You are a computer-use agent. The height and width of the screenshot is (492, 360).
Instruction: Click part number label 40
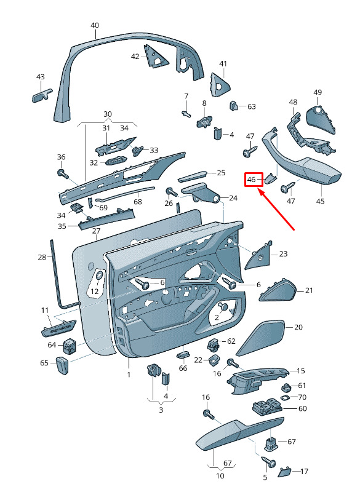95,25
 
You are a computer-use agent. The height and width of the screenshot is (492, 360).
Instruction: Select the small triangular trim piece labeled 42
154,57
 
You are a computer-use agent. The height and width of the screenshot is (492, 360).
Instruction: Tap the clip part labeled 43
42,95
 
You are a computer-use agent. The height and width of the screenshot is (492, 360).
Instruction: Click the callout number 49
318,92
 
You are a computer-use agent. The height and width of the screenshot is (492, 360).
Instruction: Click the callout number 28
42,257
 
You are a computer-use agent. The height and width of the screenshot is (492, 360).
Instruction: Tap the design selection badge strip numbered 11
58,328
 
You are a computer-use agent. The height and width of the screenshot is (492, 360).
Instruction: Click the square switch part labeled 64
70,346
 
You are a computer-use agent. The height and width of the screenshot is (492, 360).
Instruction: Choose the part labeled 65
63,365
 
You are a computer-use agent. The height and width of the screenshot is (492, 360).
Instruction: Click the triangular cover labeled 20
260,338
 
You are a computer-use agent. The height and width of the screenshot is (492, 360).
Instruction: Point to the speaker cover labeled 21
278,290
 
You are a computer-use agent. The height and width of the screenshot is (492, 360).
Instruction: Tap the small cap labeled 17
285,472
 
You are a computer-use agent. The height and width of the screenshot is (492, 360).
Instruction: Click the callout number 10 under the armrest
220,476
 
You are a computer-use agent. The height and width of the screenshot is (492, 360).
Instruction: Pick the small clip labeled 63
234,105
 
